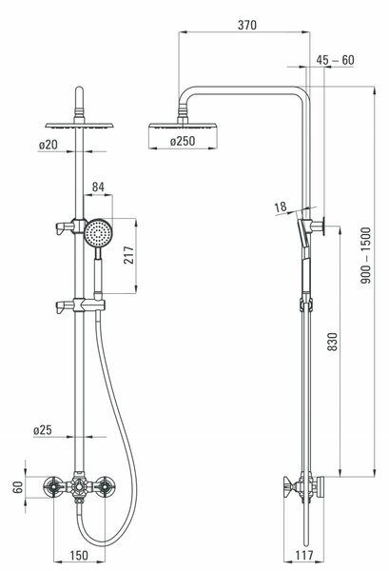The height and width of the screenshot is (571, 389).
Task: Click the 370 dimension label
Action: (x=247, y=25)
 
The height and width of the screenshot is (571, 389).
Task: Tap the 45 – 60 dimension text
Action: (x=335, y=60)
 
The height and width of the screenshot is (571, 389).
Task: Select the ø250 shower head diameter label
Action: (x=183, y=141)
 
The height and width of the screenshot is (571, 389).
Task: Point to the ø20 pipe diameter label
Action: (x=49, y=145)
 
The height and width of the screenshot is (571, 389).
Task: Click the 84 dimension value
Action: (x=98, y=187)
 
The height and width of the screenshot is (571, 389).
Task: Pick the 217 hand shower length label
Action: (x=128, y=255)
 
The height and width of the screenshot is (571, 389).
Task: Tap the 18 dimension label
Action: (x=281, y=207)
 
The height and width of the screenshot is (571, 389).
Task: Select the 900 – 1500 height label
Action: (x=365, y=255)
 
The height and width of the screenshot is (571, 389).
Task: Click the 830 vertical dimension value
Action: (x=333, y=342)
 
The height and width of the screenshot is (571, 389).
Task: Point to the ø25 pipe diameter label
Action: (x=43, y=430)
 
